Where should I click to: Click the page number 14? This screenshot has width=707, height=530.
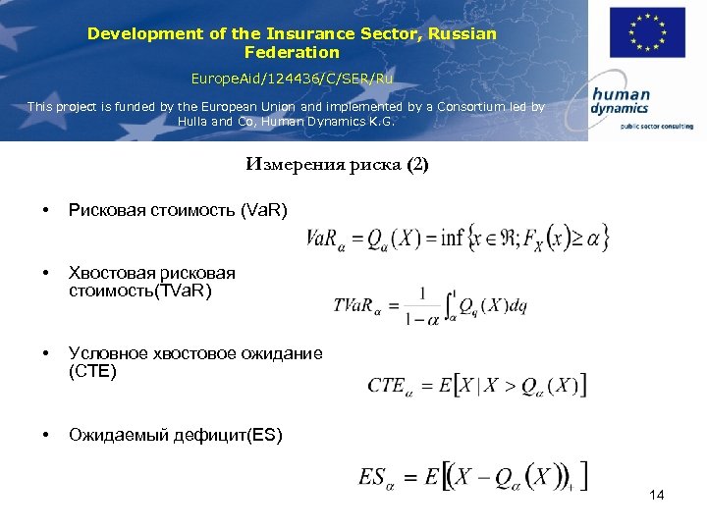pyautogui.click(x=657, y=495)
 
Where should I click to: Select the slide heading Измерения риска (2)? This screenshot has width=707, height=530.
pyautogui.click(x=337, y=165)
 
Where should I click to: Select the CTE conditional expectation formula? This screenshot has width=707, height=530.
pyautogui.click(x=477, y=385)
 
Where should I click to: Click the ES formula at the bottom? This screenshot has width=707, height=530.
pyautogui.click(x=473, y=477)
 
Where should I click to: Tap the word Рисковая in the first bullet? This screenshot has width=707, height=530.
pyautogui.click(x=102, y=211)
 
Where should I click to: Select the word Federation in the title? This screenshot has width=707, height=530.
pyautogui.click(x=292, y=52)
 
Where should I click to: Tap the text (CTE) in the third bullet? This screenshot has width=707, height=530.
pyautogui.click(x=92, y=371)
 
